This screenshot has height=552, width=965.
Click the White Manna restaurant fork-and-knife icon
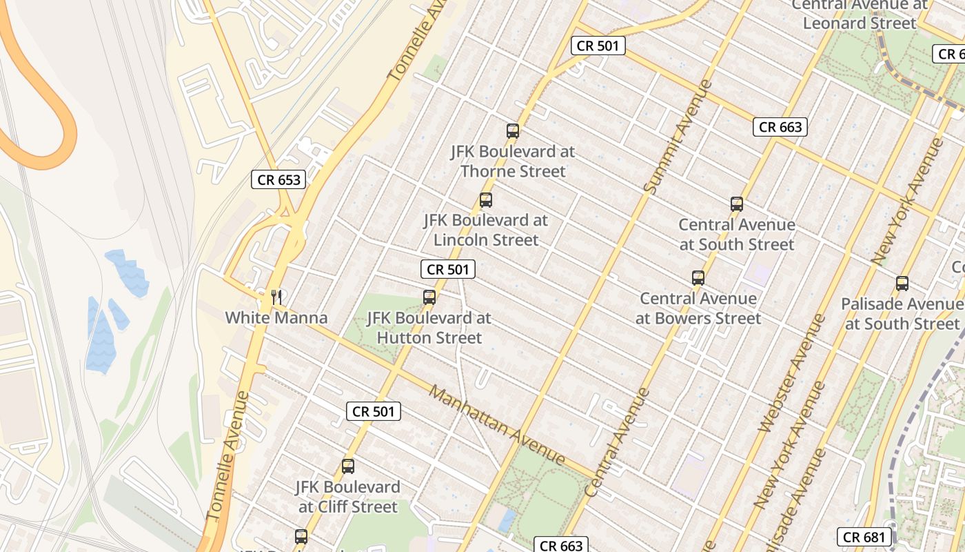(276, 297)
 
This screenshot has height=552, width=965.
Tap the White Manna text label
(276, 318)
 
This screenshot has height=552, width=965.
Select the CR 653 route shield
(278, 180)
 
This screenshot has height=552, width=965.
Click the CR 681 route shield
(865, 537)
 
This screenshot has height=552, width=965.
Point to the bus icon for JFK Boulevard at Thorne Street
(512, 130)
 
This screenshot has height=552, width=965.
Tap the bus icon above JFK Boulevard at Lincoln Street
(486, 200)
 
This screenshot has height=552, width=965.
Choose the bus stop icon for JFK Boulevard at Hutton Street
(429, 297)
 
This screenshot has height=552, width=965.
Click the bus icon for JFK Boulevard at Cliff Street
(348, 466)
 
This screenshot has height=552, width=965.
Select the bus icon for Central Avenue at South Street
(737, 204)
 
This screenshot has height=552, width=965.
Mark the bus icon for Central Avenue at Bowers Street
(698, 278)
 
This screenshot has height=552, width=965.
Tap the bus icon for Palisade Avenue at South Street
(902, 284)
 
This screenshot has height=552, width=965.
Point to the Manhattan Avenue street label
(496, 424)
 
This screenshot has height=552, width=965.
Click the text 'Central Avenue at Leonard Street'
(860, 14)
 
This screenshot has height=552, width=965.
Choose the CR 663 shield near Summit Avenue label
(780, 127)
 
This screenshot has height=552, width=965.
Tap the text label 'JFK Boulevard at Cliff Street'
(348, 497)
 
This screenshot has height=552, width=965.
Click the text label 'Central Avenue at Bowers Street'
(698, 308)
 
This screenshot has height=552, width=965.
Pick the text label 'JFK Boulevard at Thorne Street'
(513, 161)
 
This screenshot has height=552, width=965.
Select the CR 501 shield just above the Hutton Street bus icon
(448, 269)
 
